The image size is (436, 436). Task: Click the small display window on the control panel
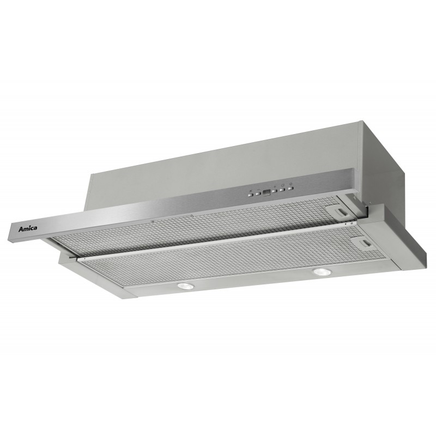coord(267,193)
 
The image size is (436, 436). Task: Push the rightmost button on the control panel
coord(290,189)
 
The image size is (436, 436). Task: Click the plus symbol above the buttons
coord(275,186)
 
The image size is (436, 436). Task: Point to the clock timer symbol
coord(282,185)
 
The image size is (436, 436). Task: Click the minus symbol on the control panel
coord(258,189)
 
